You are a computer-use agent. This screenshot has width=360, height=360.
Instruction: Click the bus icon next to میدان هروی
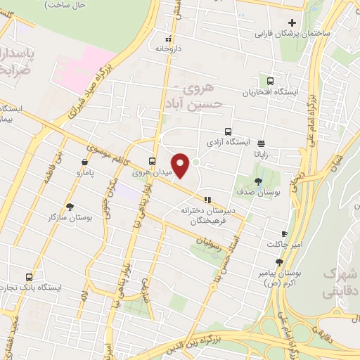[153, 160]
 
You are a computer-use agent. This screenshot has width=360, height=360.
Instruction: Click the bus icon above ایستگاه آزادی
[228, 131]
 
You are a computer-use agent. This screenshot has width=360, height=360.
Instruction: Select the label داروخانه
[168, 49]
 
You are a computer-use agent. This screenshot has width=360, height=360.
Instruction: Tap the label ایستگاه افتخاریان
[271, 92]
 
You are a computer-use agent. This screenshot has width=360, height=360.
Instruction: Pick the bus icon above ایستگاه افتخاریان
[271, 82]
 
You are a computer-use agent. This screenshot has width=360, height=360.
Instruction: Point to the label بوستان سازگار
[70, 218]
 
